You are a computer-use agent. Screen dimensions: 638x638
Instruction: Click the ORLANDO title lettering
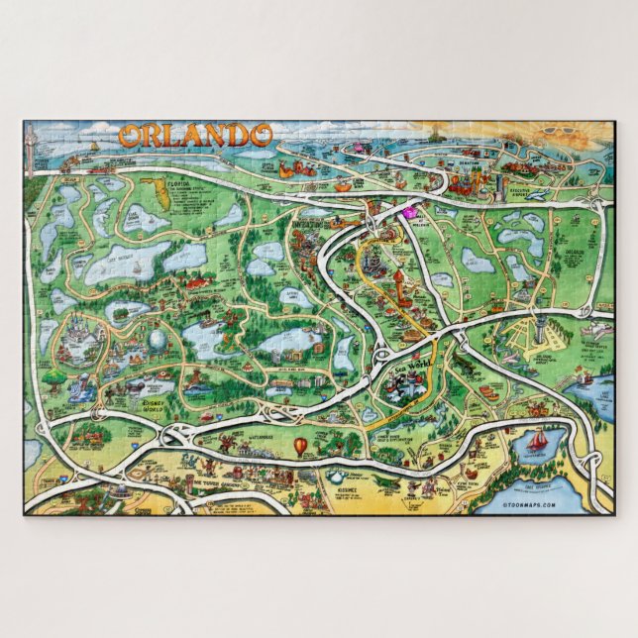pyautogui.click(x=195, y=135)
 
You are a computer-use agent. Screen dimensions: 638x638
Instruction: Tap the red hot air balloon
pyautogui.click(x=300, y=447)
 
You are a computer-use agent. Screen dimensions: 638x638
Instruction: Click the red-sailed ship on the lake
pyautogui.click(x=539, y=440)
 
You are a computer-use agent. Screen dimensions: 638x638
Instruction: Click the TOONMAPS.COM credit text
pyautogui.click(x=529, y=505)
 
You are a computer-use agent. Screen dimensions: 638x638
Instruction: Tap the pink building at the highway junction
pyautogui.click(x=407, y=210)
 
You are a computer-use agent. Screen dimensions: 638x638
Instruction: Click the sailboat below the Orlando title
pyautogui.click(x=95, y=147)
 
